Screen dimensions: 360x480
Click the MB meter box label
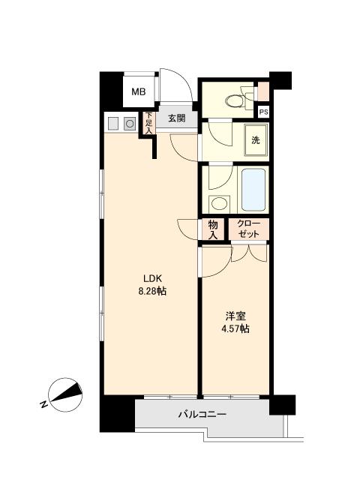(x=138, y=91)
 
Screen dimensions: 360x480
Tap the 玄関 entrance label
(x=177, y=118)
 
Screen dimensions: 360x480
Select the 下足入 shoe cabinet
(x=148, y=123)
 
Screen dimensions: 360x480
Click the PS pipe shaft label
(x=263, y=112)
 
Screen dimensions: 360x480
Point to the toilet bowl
(x=234, y=100)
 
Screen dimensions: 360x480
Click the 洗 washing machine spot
(x=256, y=140)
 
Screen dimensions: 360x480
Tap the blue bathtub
(x=253, y=190)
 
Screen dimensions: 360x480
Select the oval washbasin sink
(x=218, y=203)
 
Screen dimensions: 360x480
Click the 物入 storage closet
(x=213, y=229)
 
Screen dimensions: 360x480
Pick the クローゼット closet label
(x=248, y=229)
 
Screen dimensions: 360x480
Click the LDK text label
(x=152, y=278)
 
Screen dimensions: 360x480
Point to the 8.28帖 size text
(x=152, y=291)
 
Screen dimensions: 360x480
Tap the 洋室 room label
(x=235, y=316)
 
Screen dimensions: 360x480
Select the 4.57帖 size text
(x=235, y=328)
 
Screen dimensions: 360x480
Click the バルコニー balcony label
(x=202, y=415)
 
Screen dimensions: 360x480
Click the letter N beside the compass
(x=43, y=403)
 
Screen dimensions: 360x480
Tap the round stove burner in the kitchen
(x=130, y=124)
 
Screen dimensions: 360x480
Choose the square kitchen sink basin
(x=113, y=124)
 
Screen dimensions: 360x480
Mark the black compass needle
(x=67, y=392)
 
